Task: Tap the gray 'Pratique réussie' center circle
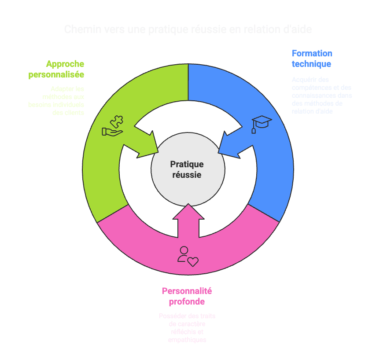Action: tap(188, 169)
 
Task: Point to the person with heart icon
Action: tap(188, 257)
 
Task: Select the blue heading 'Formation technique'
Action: tap(312, 59)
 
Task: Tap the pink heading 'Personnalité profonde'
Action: tap(187, 296)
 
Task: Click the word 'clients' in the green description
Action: tap(74, 112)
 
